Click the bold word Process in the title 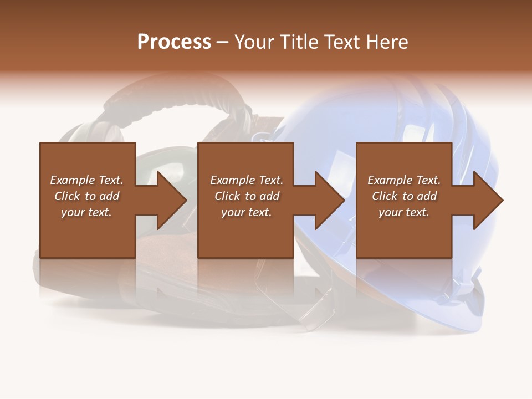174,42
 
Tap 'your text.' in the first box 86,212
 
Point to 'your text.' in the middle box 246,212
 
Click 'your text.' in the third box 403,212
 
